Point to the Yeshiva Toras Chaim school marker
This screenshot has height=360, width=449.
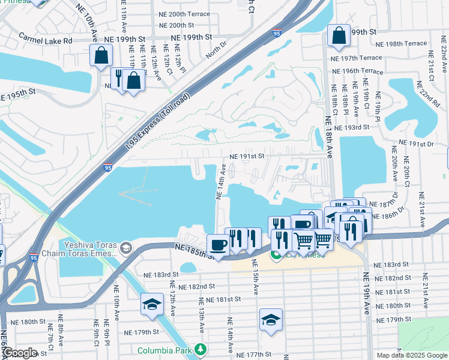(126, 247)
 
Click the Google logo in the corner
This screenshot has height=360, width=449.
(20, 353)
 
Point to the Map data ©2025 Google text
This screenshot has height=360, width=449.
(411, 355)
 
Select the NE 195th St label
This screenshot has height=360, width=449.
(18, 95)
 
